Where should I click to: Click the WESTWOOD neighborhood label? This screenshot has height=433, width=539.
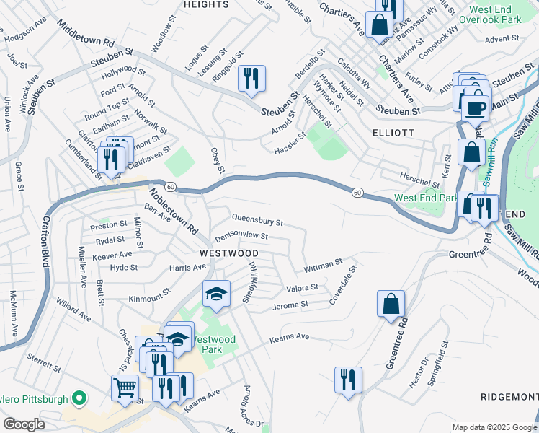click(228, 253)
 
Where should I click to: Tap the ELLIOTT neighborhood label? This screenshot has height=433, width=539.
click(393, 133)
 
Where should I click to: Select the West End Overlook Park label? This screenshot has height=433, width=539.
click(494, 15)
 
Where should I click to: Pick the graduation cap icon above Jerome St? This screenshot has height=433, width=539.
click(215, 294)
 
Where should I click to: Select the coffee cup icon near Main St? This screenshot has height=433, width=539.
click(475, 108)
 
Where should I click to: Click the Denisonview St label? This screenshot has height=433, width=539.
click(241, 236)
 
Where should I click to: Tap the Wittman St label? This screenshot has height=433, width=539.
click(323, 266)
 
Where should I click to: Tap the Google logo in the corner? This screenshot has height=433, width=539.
click(24, 424)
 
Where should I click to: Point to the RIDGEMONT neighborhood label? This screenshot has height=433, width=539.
click(509, 398)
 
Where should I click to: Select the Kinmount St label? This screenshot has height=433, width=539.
click(148, 298)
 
